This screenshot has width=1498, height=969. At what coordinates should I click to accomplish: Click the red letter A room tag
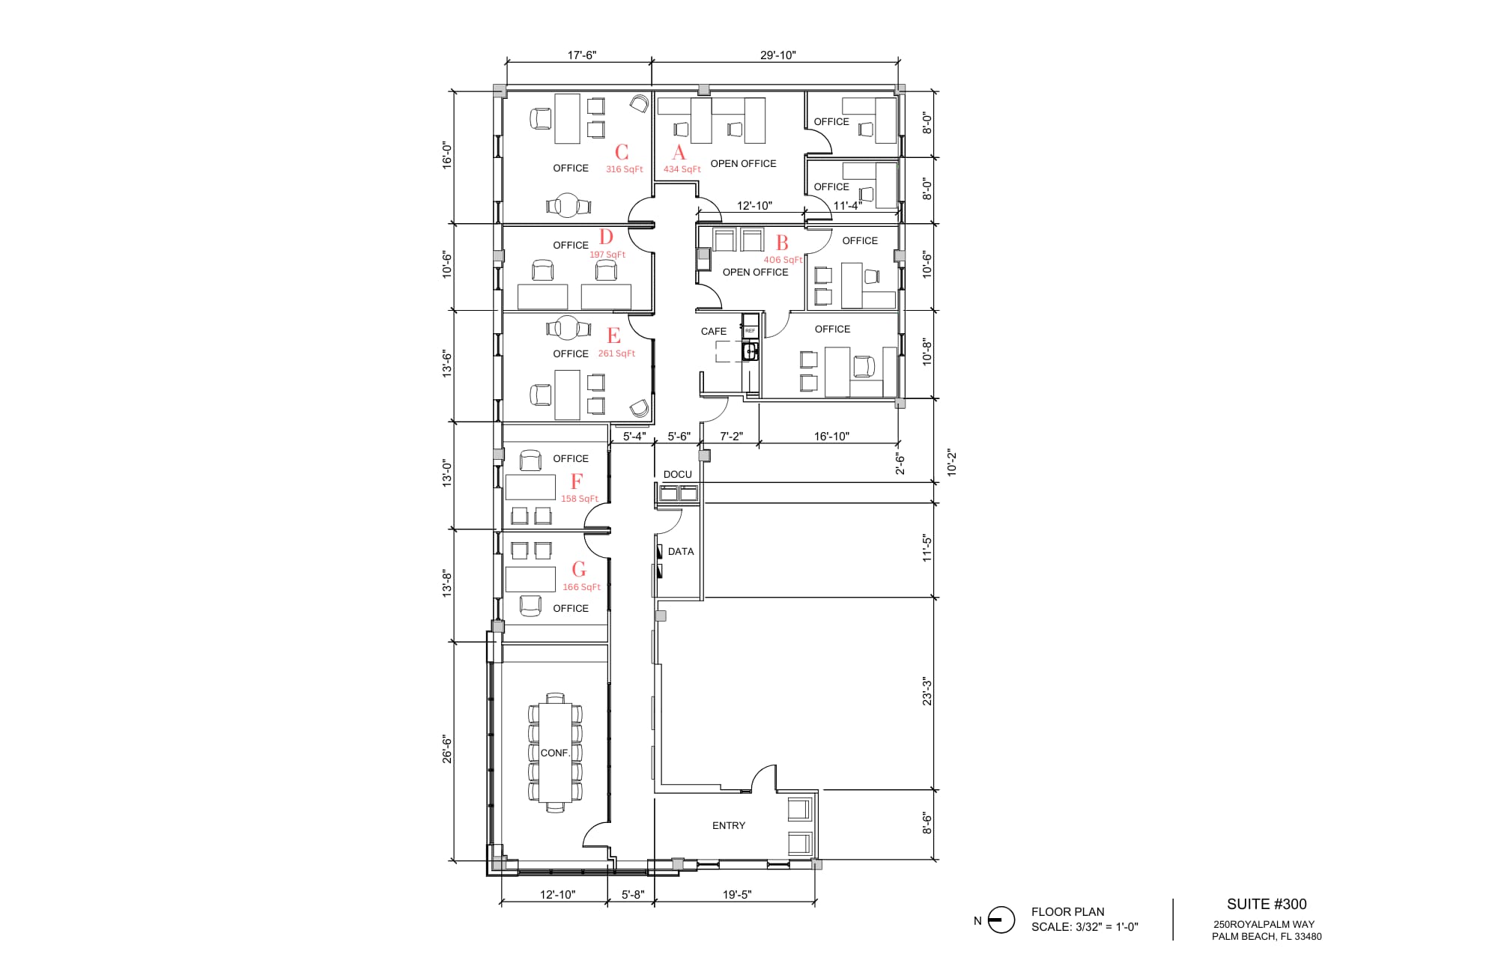point(679,153)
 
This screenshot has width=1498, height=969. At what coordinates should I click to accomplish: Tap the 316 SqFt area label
point(624,169)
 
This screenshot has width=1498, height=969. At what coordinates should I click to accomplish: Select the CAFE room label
point(713,331)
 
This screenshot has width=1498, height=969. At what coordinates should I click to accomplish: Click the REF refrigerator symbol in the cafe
point(750,330)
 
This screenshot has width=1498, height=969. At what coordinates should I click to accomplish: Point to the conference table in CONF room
point(555,752)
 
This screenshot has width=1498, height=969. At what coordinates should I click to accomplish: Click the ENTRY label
point(728,825)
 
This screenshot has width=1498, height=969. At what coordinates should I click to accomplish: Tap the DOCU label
point(677,474)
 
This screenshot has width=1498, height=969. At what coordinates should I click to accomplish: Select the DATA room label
point(680,551)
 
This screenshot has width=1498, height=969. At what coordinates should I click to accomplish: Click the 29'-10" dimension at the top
point(777,55)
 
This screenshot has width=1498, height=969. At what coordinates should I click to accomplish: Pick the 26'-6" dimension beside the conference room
point(447,748)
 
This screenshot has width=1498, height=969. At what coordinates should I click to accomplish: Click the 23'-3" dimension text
point(927,691)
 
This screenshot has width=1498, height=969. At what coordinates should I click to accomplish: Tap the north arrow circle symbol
point(1001,920)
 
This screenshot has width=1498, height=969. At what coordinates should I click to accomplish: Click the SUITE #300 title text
point(1266,904)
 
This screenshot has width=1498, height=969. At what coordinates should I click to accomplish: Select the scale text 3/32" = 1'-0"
point(1084,927)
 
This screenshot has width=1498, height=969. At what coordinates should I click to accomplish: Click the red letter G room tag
point(579,569)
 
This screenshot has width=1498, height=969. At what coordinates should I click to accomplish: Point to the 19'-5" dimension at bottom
point(737,894)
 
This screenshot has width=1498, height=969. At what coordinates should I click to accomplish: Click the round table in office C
point(568,205)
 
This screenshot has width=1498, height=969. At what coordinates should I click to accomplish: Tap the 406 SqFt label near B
point(783,260)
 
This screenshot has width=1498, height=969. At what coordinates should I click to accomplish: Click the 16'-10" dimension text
point(831,436)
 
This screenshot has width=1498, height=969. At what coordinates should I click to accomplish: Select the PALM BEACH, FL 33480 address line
point(1266,936)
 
